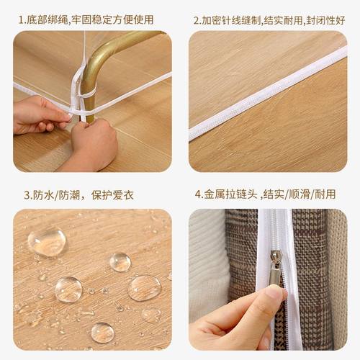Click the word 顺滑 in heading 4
pyautogui.click(x=301, y=195)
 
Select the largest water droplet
pyautogui.click(x=47, y=241)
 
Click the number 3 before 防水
pyautogui.click(x=27, y=195)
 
